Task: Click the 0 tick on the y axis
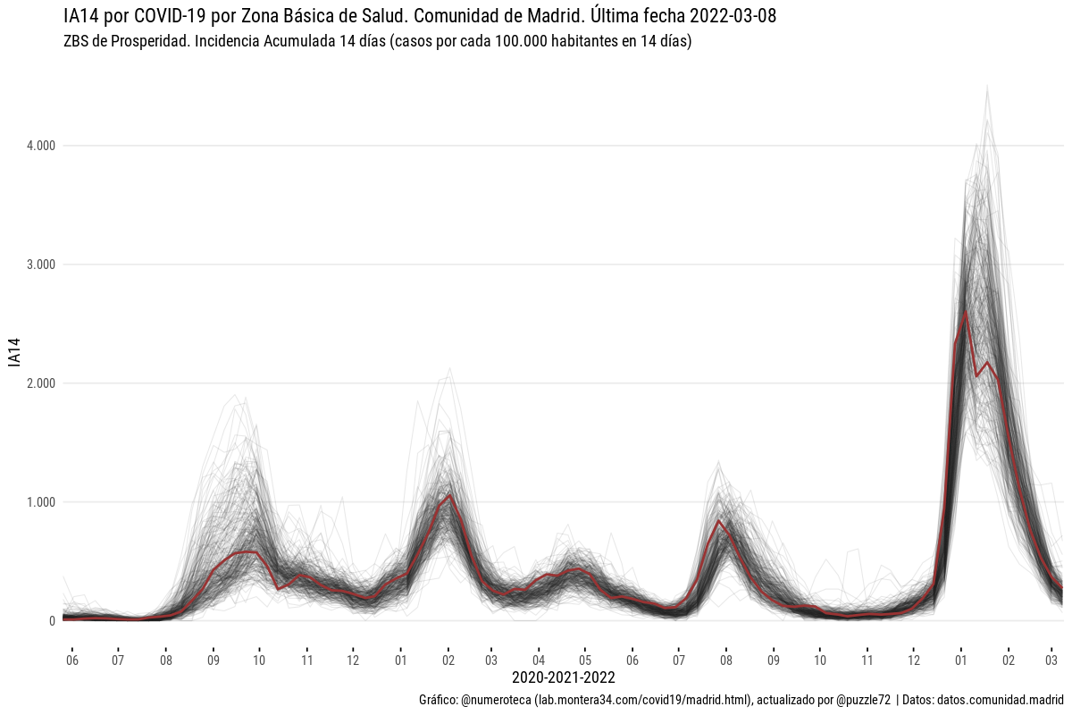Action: (53, 621)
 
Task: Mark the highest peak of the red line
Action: (966, 311)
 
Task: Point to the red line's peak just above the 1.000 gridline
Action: (450, 495)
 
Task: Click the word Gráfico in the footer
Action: (437, 699)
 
